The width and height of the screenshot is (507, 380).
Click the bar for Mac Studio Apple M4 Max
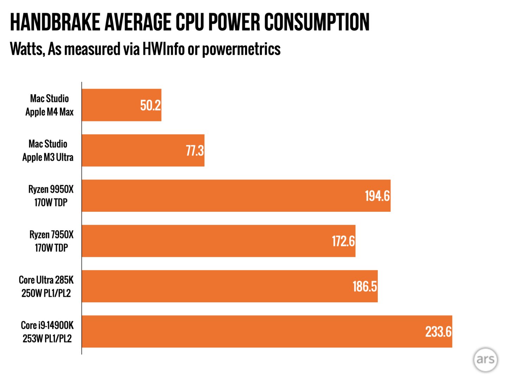[113, 105]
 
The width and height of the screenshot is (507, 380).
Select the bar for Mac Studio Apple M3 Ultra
[134, 150]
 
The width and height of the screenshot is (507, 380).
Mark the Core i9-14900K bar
[246, 331]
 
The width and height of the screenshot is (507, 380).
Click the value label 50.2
[150, 105]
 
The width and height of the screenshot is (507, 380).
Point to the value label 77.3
[195, 151]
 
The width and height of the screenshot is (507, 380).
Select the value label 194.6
[377, 196]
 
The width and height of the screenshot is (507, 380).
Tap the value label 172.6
[343, 241]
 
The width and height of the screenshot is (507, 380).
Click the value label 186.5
[365, 286]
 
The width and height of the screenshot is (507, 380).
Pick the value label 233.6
[438, 332]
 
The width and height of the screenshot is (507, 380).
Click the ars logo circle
[486, 360]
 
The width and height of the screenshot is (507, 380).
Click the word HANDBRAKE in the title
[55, 22]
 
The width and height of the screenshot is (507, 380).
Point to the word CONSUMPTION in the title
[317, 22]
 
